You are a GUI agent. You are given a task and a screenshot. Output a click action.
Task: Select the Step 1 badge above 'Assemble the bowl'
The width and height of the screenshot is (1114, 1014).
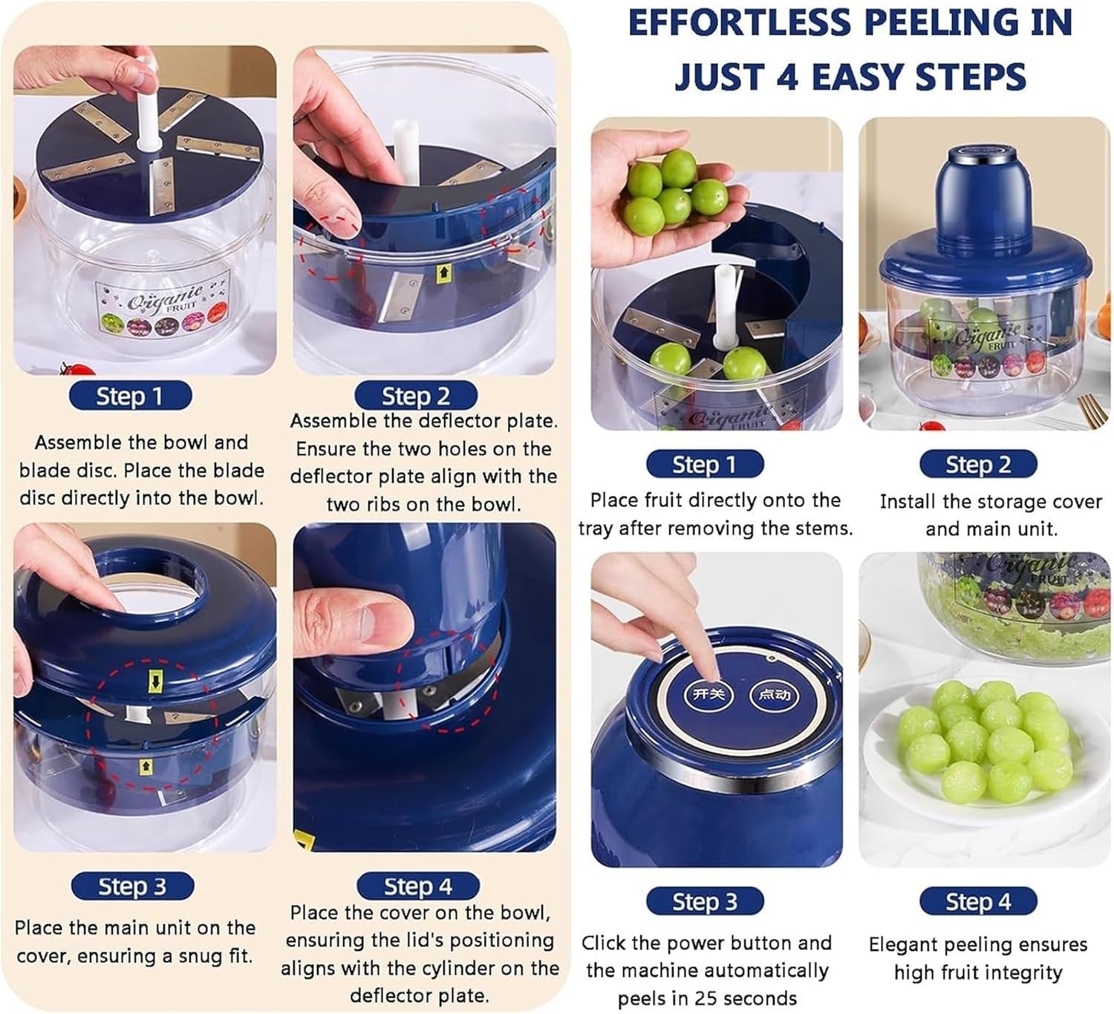130,396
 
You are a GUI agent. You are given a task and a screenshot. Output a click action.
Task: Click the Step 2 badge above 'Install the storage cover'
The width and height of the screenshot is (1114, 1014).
978,464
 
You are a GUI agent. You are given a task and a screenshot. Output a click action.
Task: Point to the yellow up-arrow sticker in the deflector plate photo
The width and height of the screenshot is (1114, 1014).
443,273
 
